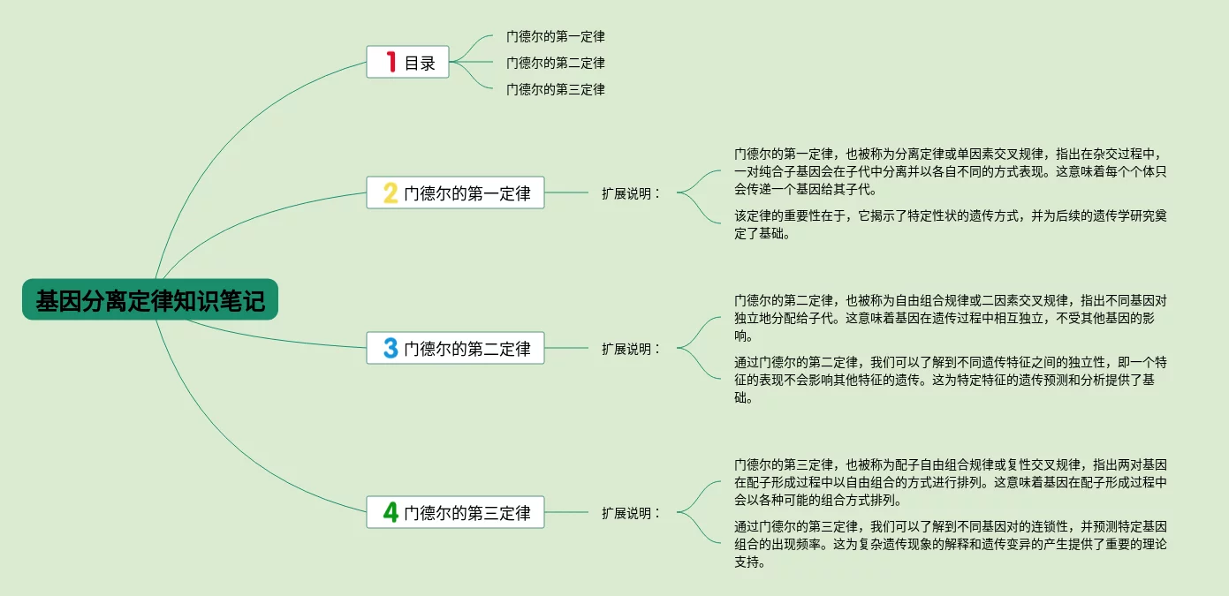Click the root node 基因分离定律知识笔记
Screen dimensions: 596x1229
(150, 300)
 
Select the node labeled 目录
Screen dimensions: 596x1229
(420, 63)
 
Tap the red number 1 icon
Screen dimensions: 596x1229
(391, 62)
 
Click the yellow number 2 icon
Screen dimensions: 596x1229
(391, 193)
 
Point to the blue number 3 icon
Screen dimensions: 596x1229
(391, 348)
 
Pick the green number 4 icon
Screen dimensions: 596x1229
(391, 512)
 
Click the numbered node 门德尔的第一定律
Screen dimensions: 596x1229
(467, 193)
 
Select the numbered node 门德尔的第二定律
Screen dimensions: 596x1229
(467, 348)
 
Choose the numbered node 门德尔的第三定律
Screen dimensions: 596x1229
(467, 512)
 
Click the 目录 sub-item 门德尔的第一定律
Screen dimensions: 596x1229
(555, 37)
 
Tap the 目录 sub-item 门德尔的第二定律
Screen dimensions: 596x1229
(555, 64)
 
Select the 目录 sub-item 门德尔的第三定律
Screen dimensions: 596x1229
(555, 89)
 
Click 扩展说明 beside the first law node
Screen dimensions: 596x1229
(631, 193)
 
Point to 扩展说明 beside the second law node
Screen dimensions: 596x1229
(631, 349)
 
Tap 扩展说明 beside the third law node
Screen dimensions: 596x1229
(631, 512)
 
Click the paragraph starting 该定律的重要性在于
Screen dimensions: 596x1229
(950, 225)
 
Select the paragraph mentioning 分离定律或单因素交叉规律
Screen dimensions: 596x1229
(950, 170)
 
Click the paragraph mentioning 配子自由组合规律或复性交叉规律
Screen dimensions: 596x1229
(950, 482)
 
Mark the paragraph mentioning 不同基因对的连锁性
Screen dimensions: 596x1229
(950, 545)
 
